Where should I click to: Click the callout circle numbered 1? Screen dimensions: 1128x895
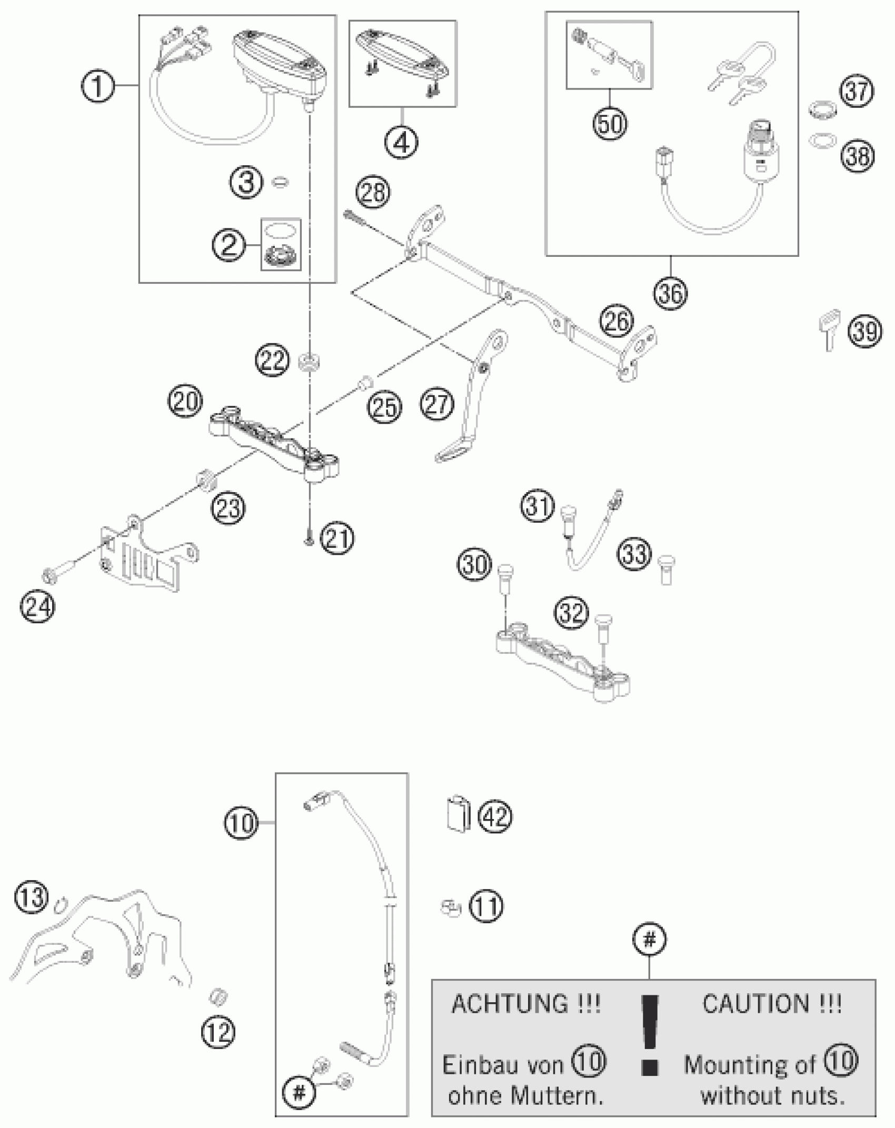tap(97, 86)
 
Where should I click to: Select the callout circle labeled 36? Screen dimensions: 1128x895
tap(671, 293)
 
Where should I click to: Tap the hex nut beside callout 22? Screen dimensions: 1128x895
tap(308, 363)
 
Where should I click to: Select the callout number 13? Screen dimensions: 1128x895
tap(31, 897)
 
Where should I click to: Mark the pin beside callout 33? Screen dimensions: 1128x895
tap(667, 570)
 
